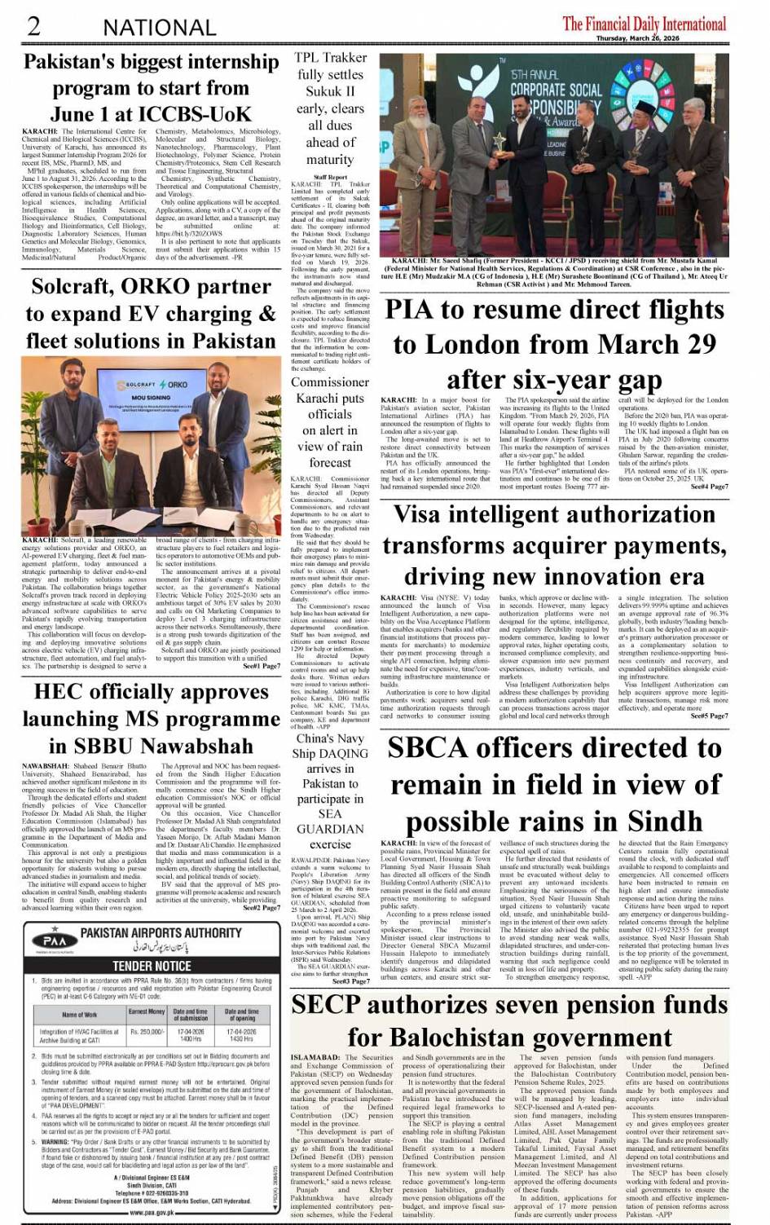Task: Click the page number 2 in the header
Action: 33,25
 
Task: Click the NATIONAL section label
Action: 160,27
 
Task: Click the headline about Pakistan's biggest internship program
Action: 151,88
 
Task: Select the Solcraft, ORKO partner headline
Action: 151,314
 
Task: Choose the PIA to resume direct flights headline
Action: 554,345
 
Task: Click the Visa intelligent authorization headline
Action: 554,545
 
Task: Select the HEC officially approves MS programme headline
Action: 151,719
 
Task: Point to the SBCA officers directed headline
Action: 554,784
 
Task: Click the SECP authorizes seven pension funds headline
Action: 509,1021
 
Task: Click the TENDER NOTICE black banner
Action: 152,966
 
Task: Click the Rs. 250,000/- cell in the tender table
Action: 147,1033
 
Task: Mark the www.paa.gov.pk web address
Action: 152,1212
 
